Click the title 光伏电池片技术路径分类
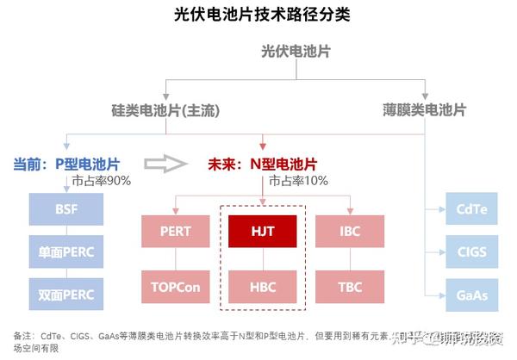(x=258, y=15)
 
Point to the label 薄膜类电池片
(x=424, y=111)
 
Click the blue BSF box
(x=65, y=208)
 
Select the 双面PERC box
(x=65, y=294)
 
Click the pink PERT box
(x=176, y=231)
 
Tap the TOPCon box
(x=176, y=285)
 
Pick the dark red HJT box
(x=263, y=231)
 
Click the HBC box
(x=263, y=285)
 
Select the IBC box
(x=350, y=231)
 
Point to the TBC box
(x=350, y=285)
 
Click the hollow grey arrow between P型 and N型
(x=164, y=163)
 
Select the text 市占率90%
(x=101, y=181)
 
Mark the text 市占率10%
(x=298, y=181)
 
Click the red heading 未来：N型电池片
(x=261, y=164)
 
